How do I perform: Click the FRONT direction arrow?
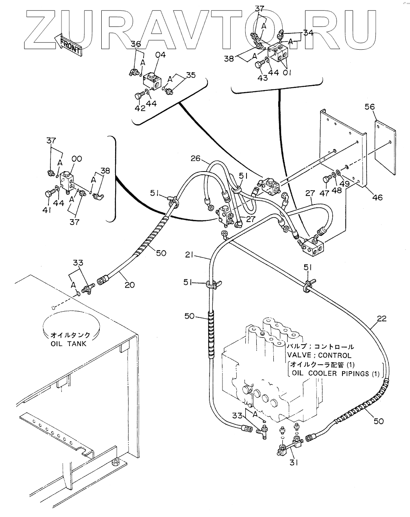pyautogui.click(x=68, y=45)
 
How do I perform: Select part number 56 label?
pyautogui.click(x=369, y=107)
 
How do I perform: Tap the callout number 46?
pyautogui.click(x=377, y=197)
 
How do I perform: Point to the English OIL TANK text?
pyautogui.click(x=68, y=344)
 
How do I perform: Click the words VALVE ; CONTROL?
pyautogui.click(x=319, y=355)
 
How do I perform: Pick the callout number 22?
pyautogui.click(x=382, y=319)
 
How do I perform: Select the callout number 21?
pyautogui.click(x=189, y=254)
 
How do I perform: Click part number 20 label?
pyautogui.click(x=130, y=285)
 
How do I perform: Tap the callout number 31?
pyautogui.click(x=294, y=462)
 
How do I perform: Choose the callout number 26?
pyautogui.click(x=196, y=158)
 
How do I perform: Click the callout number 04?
pyautogui.click(x=161, y=55)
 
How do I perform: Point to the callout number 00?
pyautogui.click(x=76, y=159)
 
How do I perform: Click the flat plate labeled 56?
pyautogui.click(x=385, y=148)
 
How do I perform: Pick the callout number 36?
pyautogui.click(x=136, y=44)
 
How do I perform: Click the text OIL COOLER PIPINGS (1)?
pyautogui.click(x=335, y=373)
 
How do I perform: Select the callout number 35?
pyautogui.click(x=191, y=75)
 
